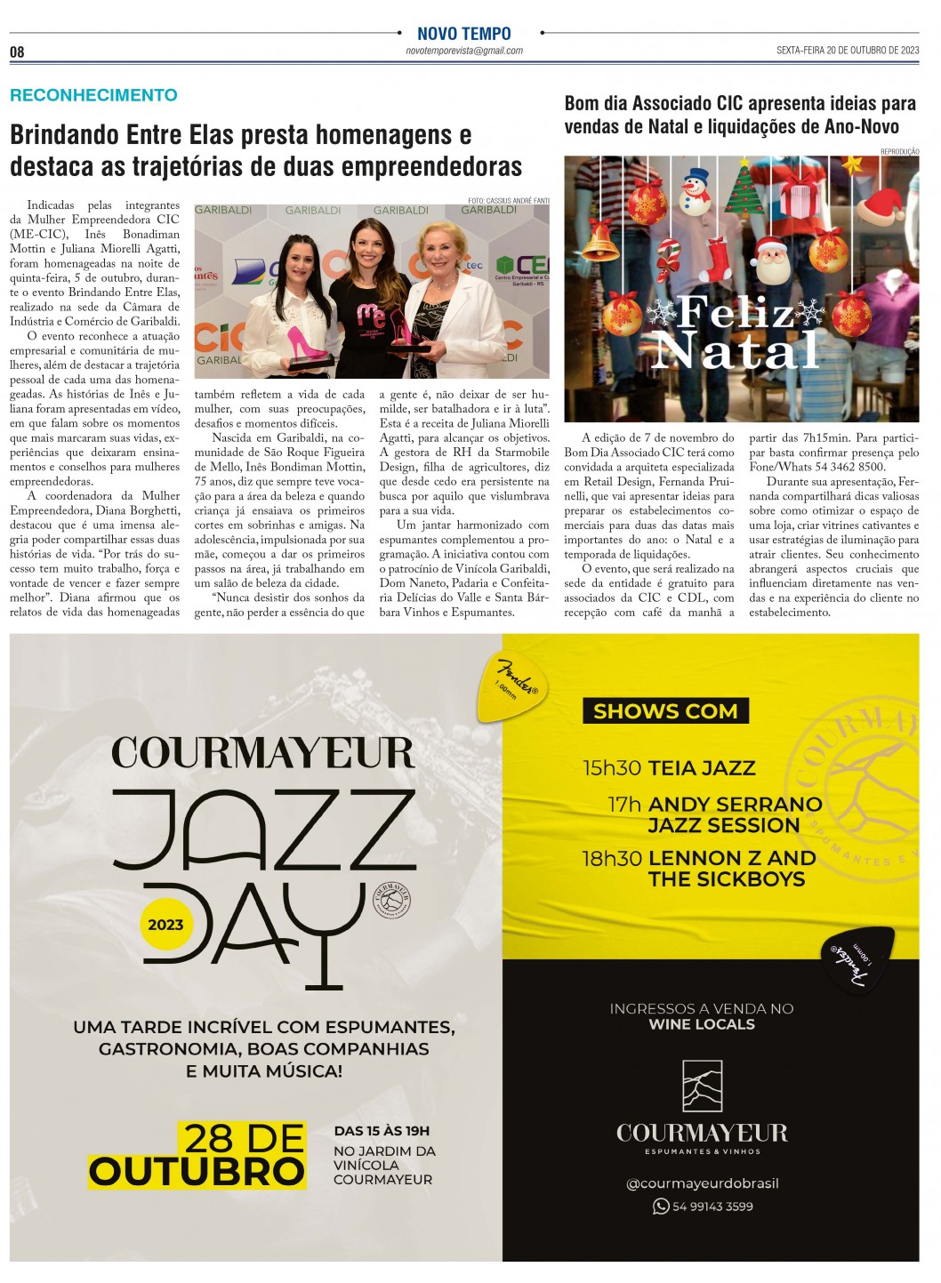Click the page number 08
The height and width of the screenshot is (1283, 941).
pos(17,52)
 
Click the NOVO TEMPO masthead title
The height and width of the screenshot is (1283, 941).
pos(463,34)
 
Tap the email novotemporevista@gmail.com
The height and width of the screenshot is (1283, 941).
pos(463,52)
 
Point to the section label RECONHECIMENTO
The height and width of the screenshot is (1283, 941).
pos(93,95)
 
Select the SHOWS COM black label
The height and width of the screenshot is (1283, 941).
pos(665,711)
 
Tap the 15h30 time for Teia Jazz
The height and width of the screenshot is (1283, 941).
pos(612,768)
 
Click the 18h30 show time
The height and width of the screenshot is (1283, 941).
pos(612,859)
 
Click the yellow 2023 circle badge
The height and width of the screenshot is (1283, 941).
pos(165,925)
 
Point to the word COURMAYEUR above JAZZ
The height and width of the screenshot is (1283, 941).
pos(263,753)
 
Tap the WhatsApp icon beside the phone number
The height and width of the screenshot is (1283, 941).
pos(661,1207)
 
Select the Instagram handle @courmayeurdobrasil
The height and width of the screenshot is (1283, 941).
pos(702,1183)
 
